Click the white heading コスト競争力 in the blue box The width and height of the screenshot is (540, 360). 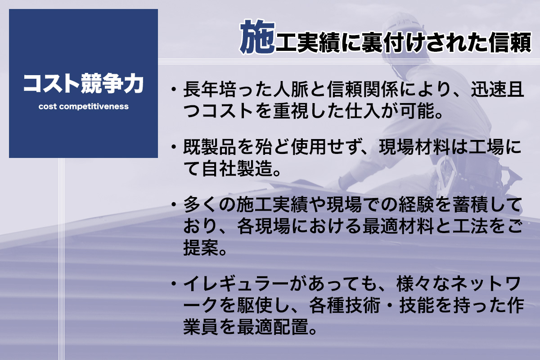point(83,84)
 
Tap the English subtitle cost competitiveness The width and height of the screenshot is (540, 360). point(83,107)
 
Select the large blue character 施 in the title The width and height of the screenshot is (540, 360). point(257,36)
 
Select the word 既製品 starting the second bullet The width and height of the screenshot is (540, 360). point(209,147)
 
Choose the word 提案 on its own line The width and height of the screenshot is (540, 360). point(201,247)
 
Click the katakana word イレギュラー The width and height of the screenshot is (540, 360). point(235,284)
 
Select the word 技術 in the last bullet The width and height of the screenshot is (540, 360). point(363,306)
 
